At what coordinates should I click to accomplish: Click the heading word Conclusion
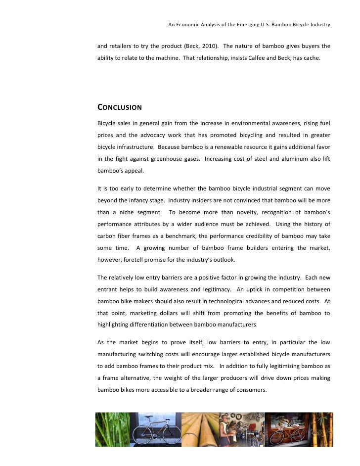119,107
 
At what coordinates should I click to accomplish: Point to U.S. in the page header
256,24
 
